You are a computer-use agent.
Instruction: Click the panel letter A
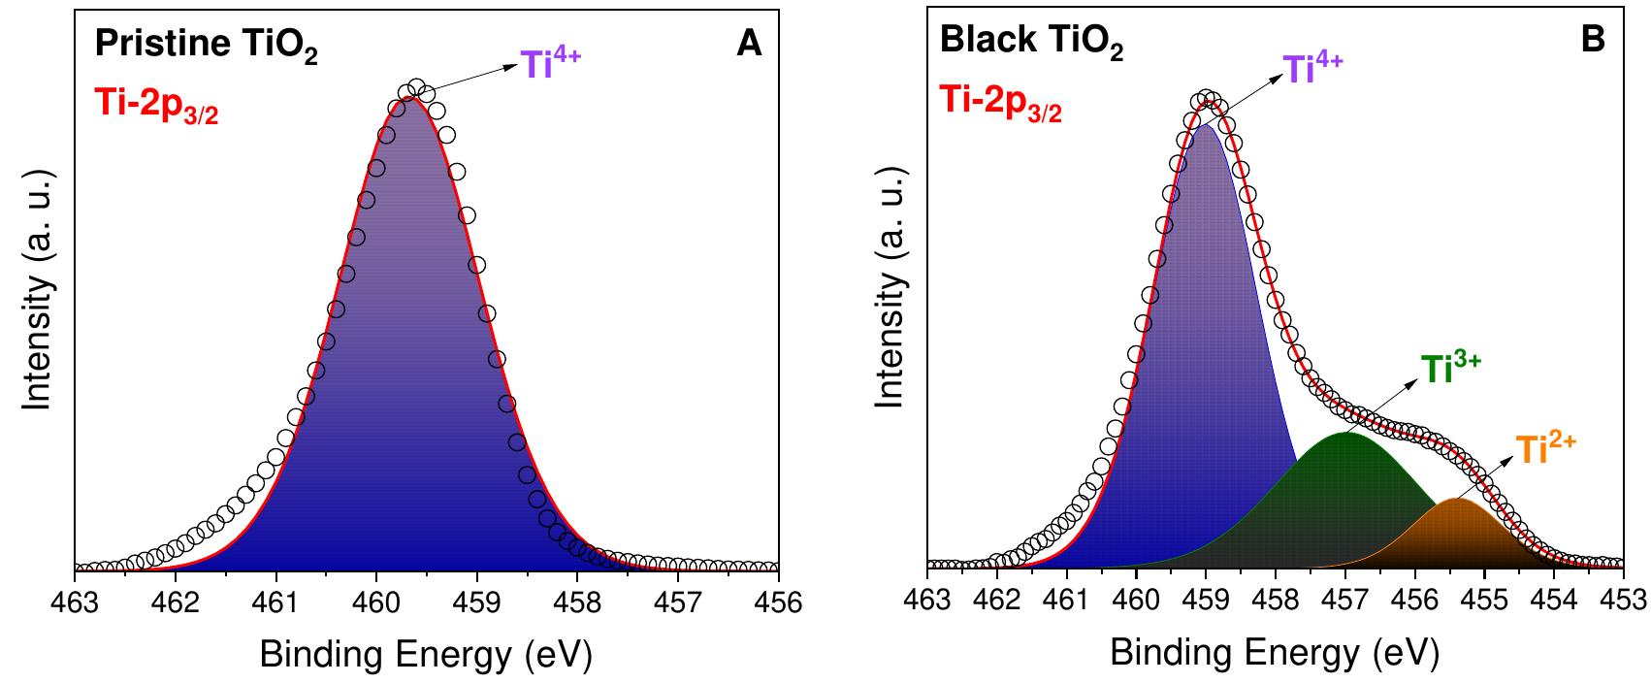click(748, 45)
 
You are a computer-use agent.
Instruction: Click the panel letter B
click(1593, 40)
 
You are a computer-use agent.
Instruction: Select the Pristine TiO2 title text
click(205, 47)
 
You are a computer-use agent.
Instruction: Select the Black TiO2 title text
click(1032, 44)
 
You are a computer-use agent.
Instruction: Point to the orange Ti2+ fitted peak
click(1457, 534)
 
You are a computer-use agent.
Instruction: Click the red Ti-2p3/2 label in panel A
click(155, 105)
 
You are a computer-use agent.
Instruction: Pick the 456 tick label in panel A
click(777, 602)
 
